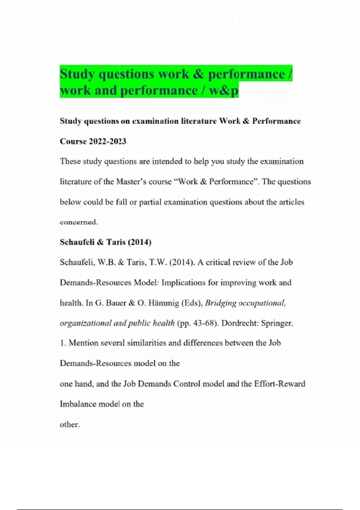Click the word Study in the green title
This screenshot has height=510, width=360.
(77, 74)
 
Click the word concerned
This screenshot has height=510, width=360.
(79, 222)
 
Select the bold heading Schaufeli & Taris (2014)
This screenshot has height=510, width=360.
(105, 242)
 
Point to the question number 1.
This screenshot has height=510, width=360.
(62, 343)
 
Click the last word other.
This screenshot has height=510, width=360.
(70, 424)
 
